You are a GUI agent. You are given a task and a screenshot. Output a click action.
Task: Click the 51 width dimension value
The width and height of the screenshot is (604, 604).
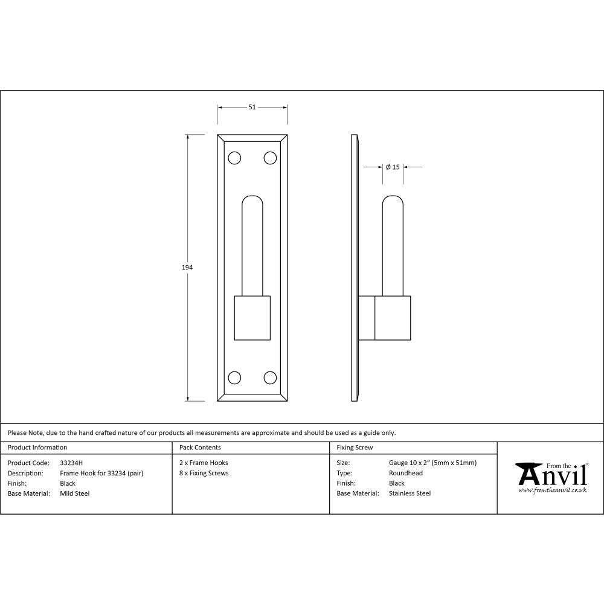pyautogui.click(x=252, y=107)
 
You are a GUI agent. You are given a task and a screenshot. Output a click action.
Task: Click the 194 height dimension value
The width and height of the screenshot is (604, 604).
pyautogui.click(x=187, y=266)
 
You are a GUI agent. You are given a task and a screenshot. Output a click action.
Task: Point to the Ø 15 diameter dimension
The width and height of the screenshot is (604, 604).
pyautogui.click(x=393, y=167)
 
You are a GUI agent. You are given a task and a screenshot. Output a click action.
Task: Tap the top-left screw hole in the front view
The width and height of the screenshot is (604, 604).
pyautogui.click(x=234, y=158)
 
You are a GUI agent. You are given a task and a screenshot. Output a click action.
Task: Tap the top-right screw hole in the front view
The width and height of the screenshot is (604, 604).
pyautogui.click(x=270, y=158)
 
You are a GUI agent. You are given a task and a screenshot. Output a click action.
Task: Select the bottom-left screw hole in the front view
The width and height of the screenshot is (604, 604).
pyautogui.click(x=234, y=377)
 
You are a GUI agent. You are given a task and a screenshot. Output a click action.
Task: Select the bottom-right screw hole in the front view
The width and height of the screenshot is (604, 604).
pyautogui.click(x=270, y=377)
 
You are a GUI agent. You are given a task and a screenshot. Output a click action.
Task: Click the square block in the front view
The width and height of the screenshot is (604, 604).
pyautogui.click(x=252, y=318)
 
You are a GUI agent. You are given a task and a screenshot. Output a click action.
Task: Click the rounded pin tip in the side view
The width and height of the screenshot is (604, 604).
pyautogui.click(x=394, y=202)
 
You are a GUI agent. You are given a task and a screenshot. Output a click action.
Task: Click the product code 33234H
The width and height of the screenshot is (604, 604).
pyautogui.click(x=72, y=463)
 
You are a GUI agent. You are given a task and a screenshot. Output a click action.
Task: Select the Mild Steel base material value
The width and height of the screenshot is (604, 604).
pyautogui.click(x=75, y=493)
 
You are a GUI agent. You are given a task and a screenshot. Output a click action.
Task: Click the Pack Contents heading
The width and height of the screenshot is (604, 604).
pyautogui.click(x=200, y=448)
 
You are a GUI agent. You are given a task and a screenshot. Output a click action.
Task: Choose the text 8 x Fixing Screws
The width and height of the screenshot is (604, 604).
pyautogui.click(x=204, y=474)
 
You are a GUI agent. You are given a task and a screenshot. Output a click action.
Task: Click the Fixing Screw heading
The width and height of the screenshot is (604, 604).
pyautogui.click(x=355, y=448)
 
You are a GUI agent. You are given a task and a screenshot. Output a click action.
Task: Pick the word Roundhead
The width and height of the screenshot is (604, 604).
pyautogui.click(x=406, y=474)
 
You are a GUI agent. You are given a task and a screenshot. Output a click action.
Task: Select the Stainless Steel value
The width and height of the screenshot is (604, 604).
pyautogui.click(x=410, y=493)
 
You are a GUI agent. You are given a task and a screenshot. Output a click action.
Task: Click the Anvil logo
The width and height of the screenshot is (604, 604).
pyautogui.click(x=551, y=477)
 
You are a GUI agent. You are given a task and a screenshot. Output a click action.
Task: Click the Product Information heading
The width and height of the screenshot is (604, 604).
pyautogui.click(x=37, y=448)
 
